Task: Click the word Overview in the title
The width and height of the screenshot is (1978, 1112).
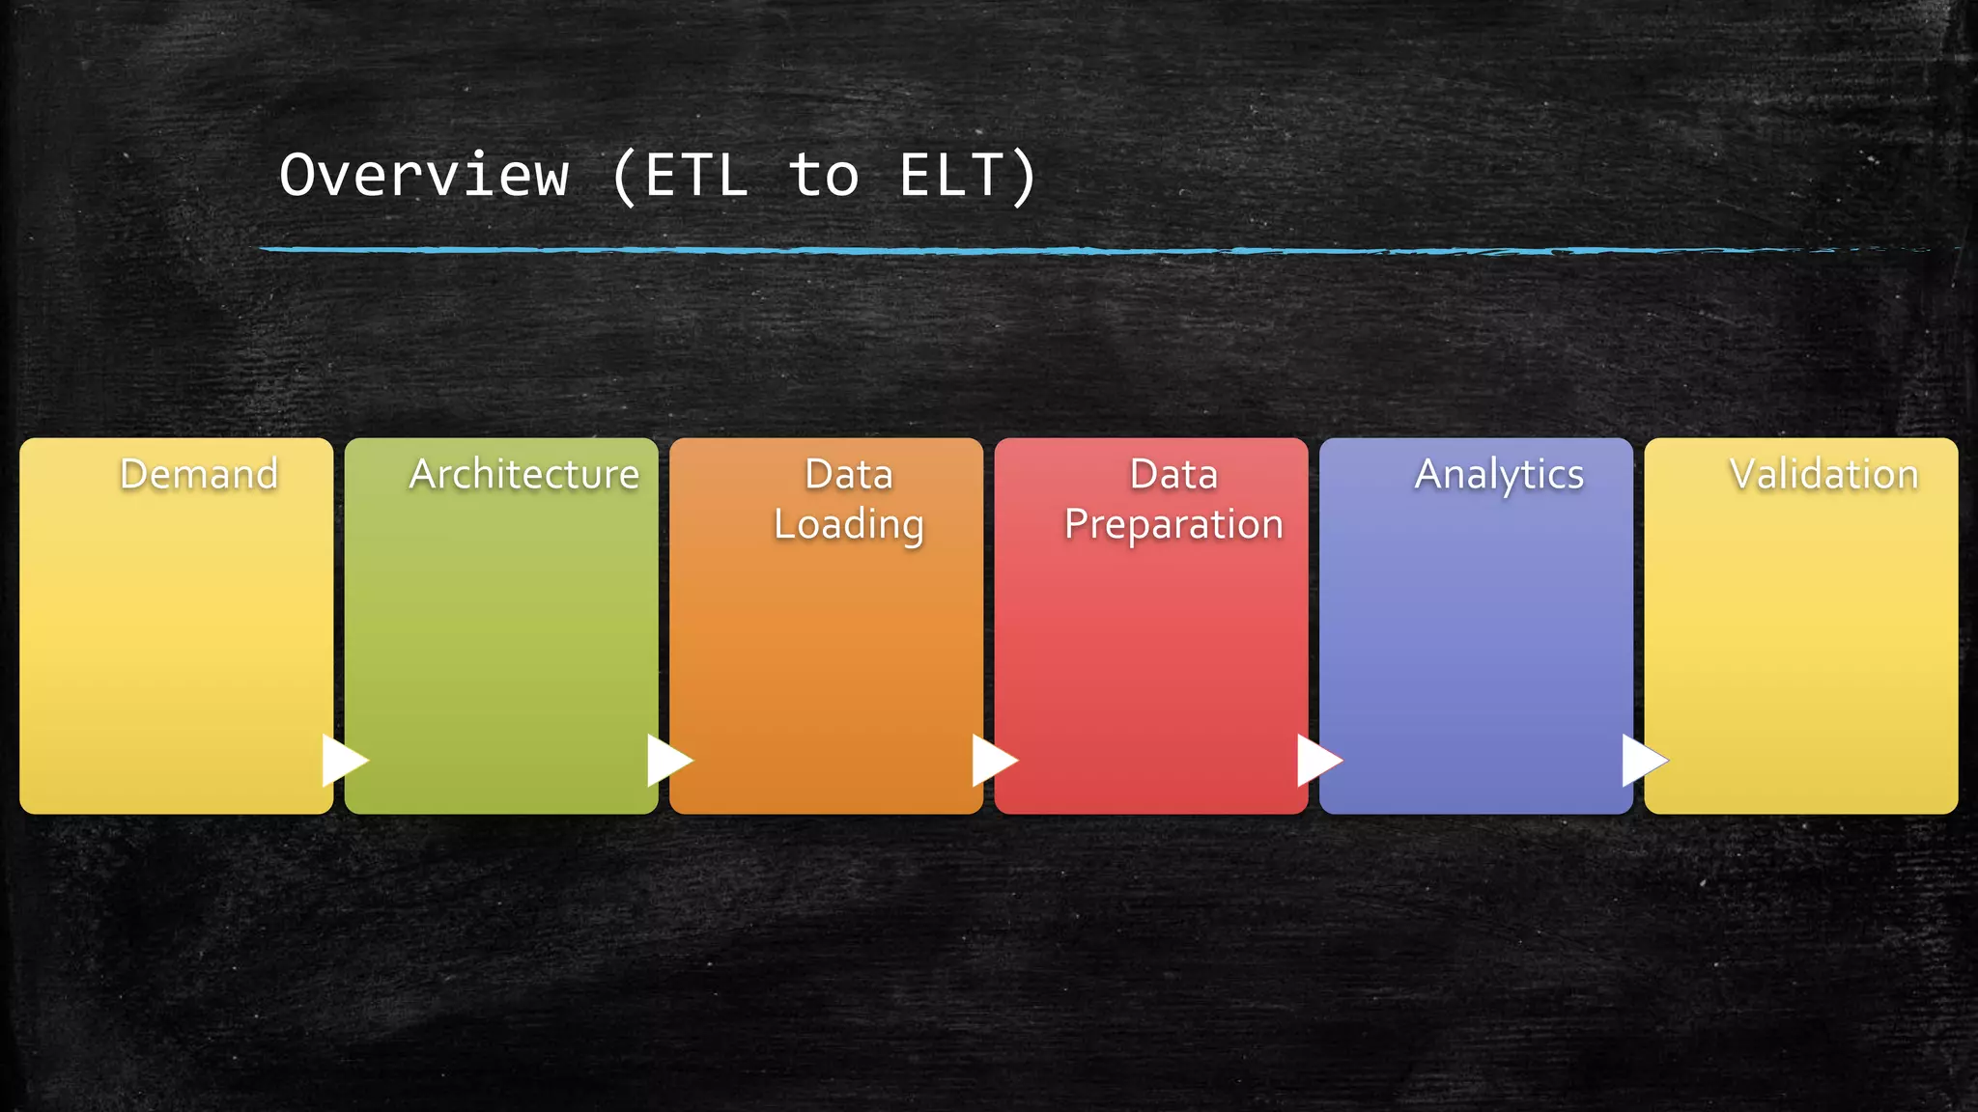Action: pos(424,176)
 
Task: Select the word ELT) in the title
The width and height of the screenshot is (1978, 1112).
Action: pos(968,176)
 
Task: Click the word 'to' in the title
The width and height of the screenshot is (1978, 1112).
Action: pos(823,176)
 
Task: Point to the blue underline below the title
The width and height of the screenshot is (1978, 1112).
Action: pos(966,250)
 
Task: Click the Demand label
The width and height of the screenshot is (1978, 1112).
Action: pos(199,474)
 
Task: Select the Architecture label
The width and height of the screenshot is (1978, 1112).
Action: pos(523,474)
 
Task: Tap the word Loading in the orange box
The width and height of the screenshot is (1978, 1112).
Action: pos(849,525)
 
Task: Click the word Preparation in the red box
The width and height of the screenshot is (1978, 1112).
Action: pos(1173,525)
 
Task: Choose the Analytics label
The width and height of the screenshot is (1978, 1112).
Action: pos(1499,474)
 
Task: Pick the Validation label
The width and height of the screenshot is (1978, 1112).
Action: pos(1823,474)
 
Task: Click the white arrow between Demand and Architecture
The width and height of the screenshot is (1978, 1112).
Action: pos(343,761)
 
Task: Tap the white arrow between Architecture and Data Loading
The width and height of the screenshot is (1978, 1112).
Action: pos(667,761)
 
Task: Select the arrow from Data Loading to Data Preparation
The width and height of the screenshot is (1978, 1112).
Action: pos(992,761)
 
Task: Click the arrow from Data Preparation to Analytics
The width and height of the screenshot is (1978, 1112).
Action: pos(1317,761)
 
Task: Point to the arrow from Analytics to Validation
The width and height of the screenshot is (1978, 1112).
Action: pos(1642,761)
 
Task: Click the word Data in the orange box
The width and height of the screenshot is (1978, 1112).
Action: pos(849,474)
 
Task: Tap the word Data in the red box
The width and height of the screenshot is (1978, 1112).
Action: pos(1173,474)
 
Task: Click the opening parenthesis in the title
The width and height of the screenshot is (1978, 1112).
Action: pos(625,176)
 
